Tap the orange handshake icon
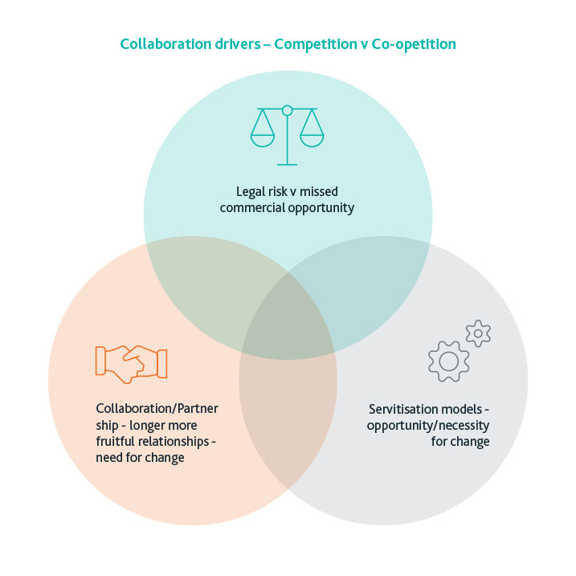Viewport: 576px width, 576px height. coord(131,361)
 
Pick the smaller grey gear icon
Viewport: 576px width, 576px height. coord(478,333)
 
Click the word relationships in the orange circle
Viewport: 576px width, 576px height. coord(177,441)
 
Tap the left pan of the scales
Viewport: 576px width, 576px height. coord(263,138)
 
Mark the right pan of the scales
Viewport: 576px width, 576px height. coord(312,138)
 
